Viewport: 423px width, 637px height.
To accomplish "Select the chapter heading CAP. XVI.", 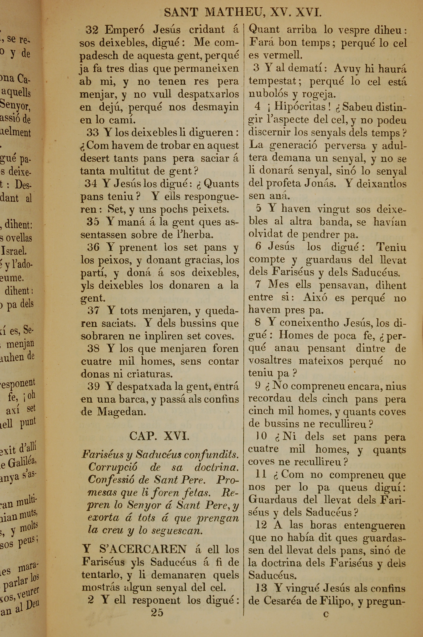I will pos(159,436).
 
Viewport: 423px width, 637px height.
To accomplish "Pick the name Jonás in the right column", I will pos(320,184).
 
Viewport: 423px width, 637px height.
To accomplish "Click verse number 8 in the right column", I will pos(258,322).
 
